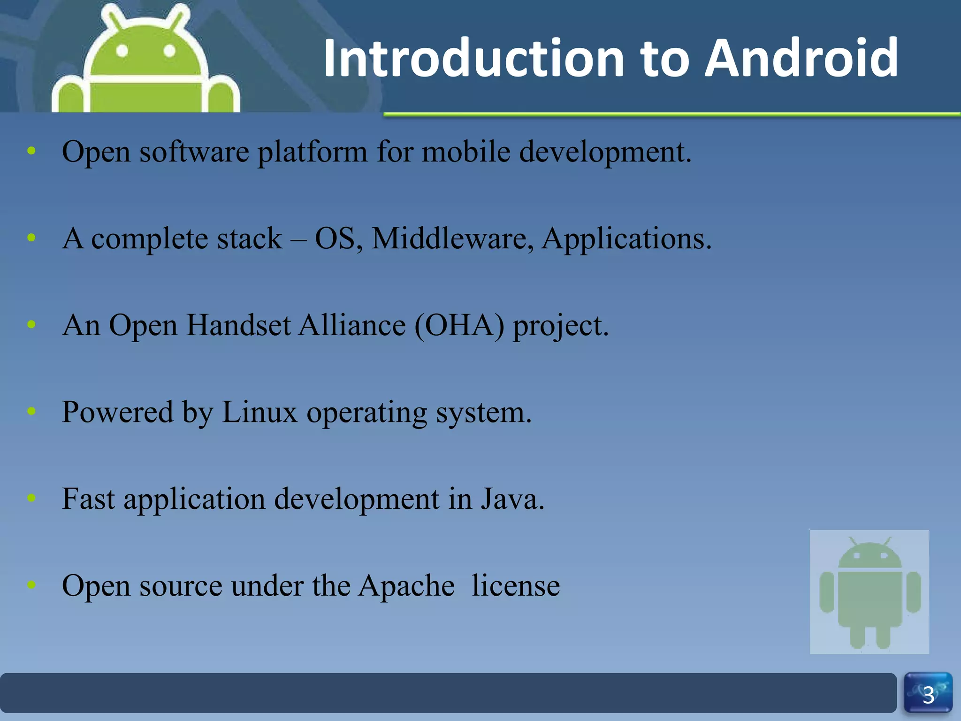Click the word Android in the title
click(x=801, y=58)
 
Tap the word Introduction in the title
click(x=473, y=58)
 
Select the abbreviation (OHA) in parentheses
click(x=459, y=325)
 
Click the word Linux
click(x=259, y=412)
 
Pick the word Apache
click(x=406, y=585)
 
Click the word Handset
click(x=238, y=325)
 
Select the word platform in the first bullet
click(x=313, y=153)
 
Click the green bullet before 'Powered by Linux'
click(x=31, y=411)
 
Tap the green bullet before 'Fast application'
click(x=31, y=498)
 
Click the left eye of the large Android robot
click(x=122, y=50)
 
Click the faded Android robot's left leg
click(x=857, y=636)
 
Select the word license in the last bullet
click(x=515, y=585)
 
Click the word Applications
click(x=626, y=238)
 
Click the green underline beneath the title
click(x=671, y=114)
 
